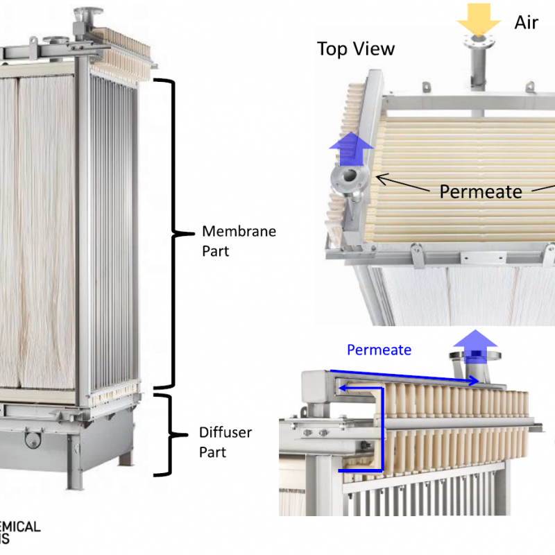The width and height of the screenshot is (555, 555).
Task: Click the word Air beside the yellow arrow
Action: pos(527,22)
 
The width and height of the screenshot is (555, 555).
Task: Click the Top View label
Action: pos(356,49)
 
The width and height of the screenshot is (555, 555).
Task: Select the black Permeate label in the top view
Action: pos(481,191)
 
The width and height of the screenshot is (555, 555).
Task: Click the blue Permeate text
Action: pos(379,350)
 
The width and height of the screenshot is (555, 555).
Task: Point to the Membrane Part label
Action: pos(239,241)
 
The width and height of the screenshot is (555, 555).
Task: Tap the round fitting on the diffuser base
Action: pos(32,438)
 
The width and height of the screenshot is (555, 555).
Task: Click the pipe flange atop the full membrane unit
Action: pos(90,12)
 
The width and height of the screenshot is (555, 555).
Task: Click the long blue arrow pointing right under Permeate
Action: pos(406,375)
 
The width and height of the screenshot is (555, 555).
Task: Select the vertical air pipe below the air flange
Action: pos(479,69)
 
